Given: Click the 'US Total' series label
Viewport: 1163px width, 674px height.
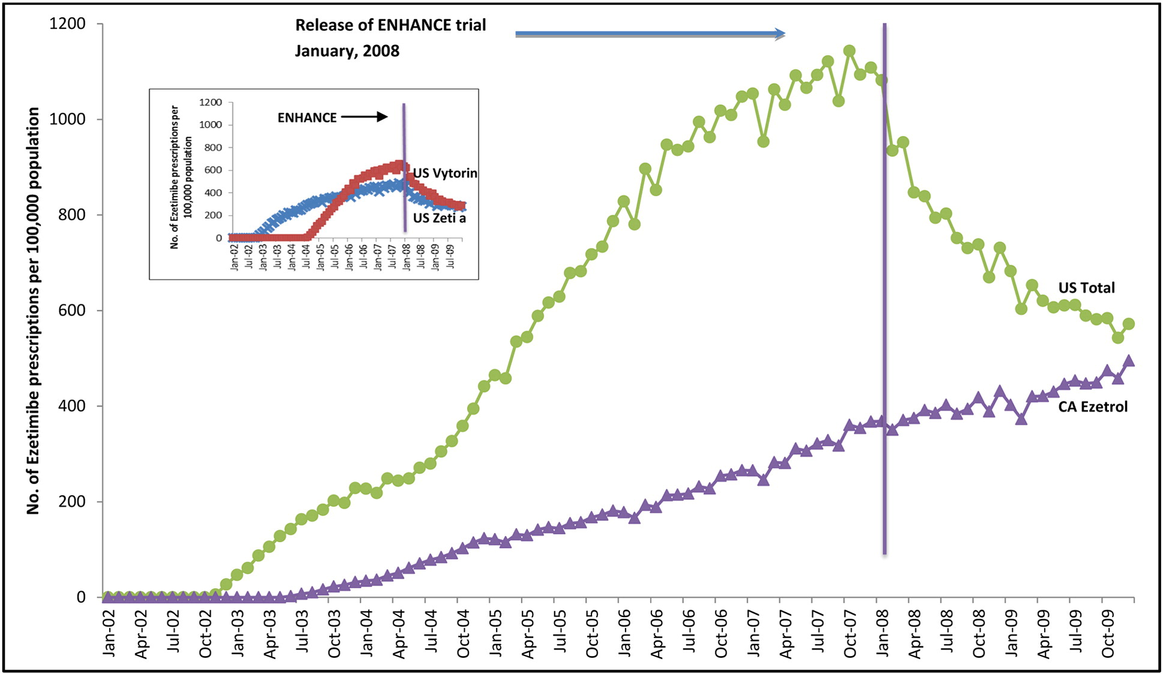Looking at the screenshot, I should tap(1086, 288).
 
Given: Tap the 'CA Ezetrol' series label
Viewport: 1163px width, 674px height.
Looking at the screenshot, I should tap(1093, 407).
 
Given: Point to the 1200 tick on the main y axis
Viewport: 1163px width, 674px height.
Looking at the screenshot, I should tap(68, 24).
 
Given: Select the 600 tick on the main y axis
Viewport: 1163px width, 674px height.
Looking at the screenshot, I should tap(72, 310).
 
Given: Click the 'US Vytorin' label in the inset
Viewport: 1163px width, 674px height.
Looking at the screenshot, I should tap(445, 173).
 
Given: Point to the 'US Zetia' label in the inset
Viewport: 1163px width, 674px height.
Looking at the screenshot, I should tap(439, 218).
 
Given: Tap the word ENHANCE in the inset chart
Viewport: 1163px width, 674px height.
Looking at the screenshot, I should tap(307, 118).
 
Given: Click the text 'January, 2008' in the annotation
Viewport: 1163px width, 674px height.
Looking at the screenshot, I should tap(347, 51).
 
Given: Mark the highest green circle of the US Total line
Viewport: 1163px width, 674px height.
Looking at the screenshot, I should tap(849, 51).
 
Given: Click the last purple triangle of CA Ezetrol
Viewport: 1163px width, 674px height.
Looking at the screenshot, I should tap(1128, 361).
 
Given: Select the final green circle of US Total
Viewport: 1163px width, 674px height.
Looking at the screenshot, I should tap(1128, 324).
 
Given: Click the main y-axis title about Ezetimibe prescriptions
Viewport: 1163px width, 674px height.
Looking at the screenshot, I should tap(33, 310).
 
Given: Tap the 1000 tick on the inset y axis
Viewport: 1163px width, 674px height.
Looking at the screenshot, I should tap(211, 125).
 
